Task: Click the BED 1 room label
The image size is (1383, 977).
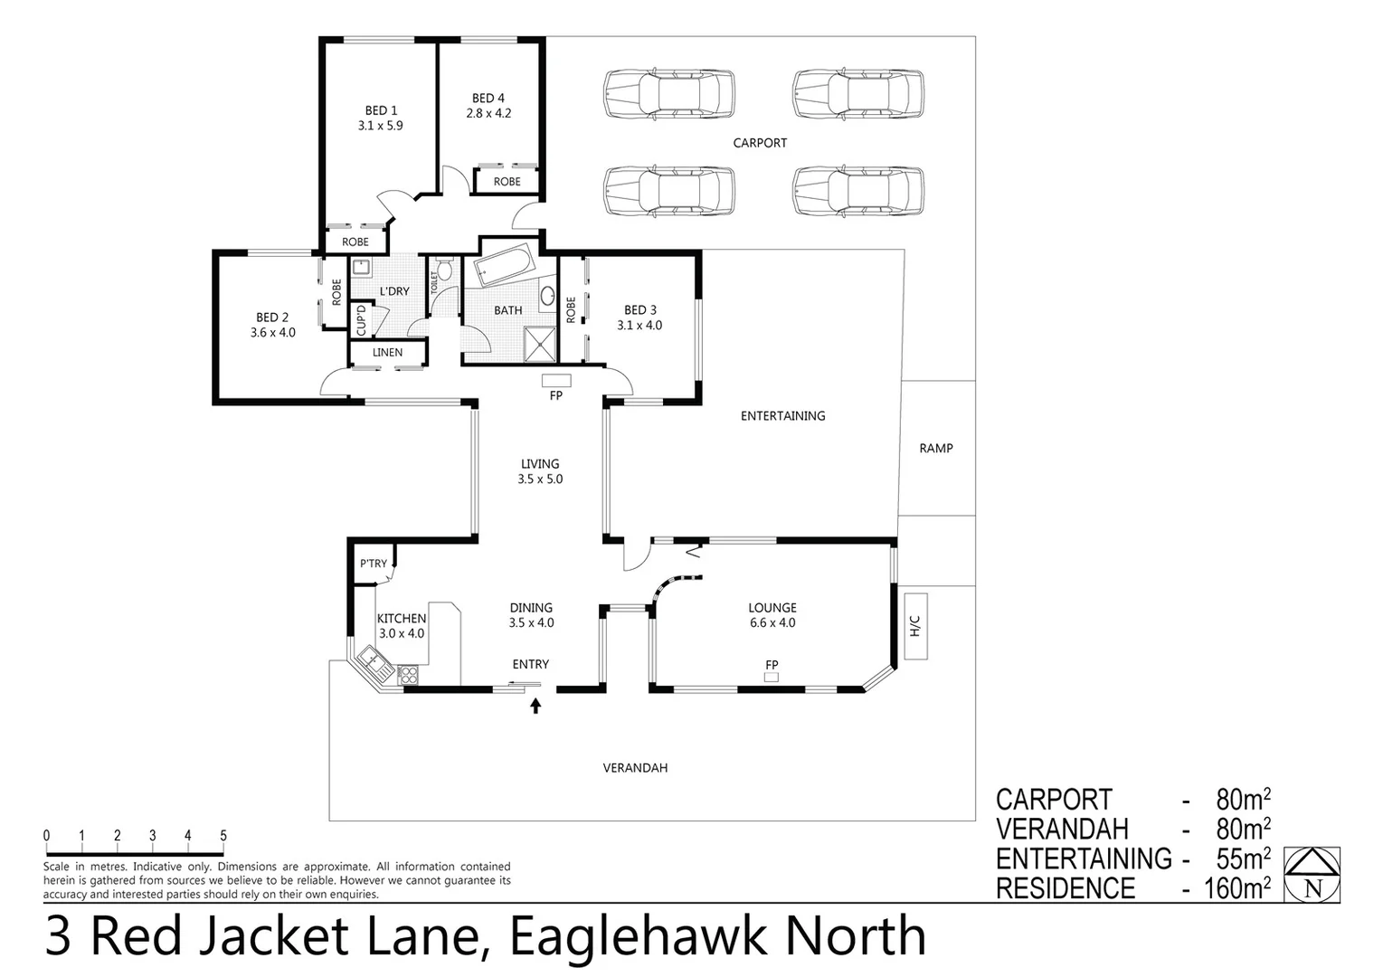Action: (x=380, y=110)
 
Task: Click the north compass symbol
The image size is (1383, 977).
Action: (x=1312, y=876)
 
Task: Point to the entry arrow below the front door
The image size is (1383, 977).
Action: (x=535, y=706)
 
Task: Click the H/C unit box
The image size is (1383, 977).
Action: (x=914, y=626)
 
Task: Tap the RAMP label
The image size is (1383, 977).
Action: (x=935, y=448)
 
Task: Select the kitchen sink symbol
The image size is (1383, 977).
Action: (x=372, y=660)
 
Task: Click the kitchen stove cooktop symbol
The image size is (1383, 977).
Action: (x=407, y=674)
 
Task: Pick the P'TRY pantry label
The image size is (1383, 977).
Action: (x=373, y=564)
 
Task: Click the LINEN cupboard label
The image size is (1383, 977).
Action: (x=387, y=352)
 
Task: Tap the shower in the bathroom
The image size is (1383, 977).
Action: (x=541, y=343)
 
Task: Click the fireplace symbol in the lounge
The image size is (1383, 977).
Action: (x=771, y=676)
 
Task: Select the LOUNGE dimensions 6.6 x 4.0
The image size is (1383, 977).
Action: (x=772, y=622)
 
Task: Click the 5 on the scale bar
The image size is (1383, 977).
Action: (x=223, y=836)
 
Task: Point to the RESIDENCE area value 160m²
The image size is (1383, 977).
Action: (x=1236, y=888)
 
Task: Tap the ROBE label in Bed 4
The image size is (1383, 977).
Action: (x=507, y=181)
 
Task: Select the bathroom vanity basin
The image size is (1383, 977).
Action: (x=547, y=295)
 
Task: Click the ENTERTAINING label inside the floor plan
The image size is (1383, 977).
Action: (x=782, y=416)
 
